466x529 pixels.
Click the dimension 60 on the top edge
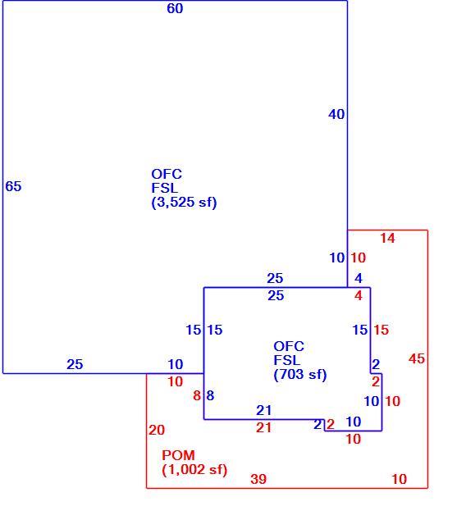pos(175,8)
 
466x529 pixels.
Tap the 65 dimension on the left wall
pos(13,186)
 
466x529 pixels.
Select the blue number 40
pos(336,114)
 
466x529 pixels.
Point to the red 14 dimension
pos(387,238)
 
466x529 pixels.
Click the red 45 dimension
pos(417,358)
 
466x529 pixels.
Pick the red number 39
pos(258,479)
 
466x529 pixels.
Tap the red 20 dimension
pos(157,430)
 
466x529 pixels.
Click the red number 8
pos(197,395)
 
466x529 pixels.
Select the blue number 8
pos(210,395)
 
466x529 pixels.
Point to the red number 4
pos(359,295)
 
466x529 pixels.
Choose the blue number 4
pos(359,278)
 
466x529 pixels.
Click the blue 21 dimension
pos(264,410)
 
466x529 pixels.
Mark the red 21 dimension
pos(264,428)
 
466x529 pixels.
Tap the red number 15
pos(381,330)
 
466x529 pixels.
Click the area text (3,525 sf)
pos(185,203)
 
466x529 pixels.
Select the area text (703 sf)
pos(300,375)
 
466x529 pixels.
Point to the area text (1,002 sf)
pos(194,470)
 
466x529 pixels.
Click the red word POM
pos(179,455)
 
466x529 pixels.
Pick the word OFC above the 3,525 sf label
pos(167,175)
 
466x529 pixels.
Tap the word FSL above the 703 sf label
pos(287,360)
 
